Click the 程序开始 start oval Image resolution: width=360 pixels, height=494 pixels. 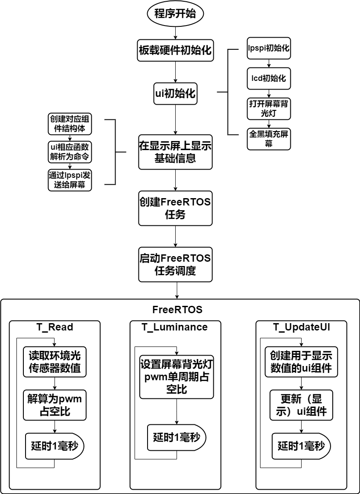click(x=175, y=14)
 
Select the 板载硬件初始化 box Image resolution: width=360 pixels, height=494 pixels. click(x=175, y=50)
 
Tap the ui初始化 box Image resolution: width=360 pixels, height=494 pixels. click(x=175, y=93)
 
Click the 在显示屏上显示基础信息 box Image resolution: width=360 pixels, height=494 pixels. click(x=175, y=152)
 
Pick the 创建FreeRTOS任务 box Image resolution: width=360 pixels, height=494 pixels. click(x=175, y=208)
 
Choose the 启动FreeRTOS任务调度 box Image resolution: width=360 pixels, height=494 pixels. click(x=175, y=264)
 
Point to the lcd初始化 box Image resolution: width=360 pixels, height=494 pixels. click(x=269, y=78)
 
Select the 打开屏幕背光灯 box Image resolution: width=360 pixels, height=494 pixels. click(x=269, y=109)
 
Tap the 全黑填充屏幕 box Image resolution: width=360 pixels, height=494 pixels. click(x=269, y=139)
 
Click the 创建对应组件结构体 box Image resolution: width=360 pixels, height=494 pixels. click(x=70, y=124)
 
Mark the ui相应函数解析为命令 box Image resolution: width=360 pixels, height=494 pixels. click(x=70, y=152)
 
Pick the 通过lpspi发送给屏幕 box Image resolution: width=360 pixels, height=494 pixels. click(x=70, y=180)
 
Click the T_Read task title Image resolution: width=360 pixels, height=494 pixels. click(x=55, y=327)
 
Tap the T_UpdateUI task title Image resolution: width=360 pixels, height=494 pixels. click(x=301, y=327)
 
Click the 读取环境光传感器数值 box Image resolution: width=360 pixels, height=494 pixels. click(x=55, y=362)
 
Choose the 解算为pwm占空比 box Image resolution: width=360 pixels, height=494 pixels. click(x=55, y=405)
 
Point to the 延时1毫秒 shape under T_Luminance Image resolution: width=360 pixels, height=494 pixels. click(x=176, y=438)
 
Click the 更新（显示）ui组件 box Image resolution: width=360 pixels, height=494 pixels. click(x=301, y=405)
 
